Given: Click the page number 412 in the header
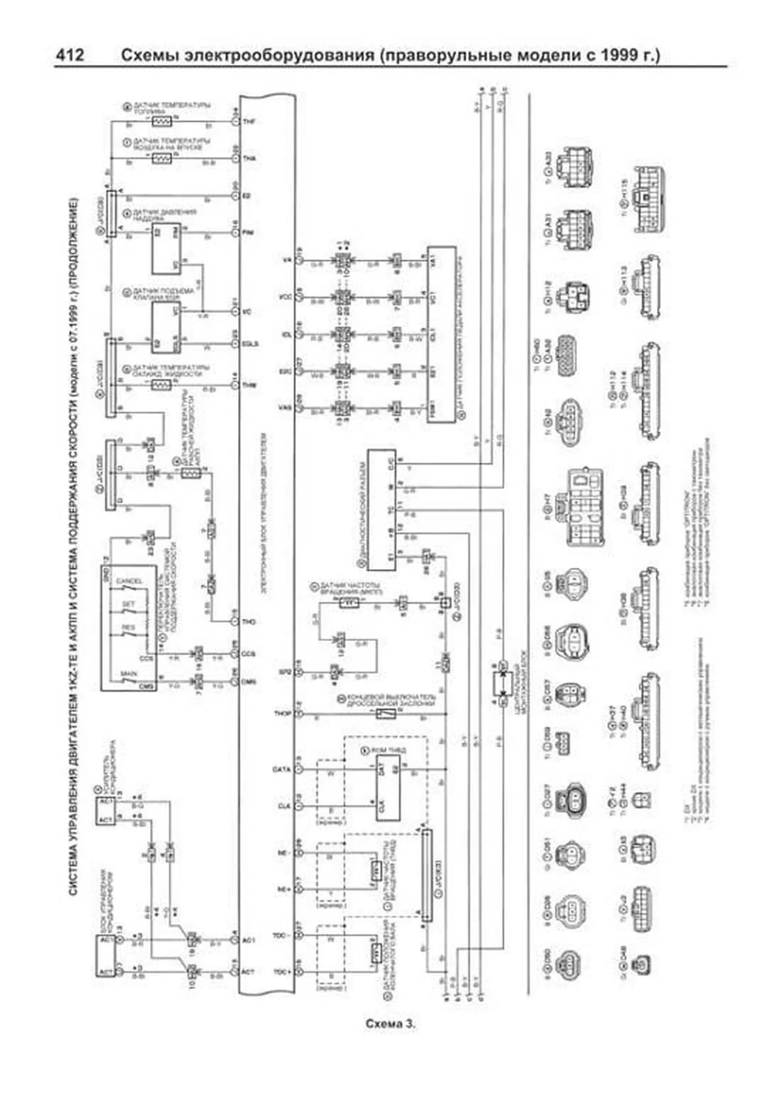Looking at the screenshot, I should [69, 56].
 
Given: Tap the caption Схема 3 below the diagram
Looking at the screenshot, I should [390, 1024].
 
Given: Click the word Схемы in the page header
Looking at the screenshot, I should [149, 56].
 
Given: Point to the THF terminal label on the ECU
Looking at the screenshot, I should [249, 122].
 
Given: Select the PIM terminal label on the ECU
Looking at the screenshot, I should [249, 232].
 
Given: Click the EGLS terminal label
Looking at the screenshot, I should [251, 343].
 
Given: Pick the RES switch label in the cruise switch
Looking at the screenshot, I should [129, 628].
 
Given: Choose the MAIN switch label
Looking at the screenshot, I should [129, 674].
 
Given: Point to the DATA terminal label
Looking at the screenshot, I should [282, 769].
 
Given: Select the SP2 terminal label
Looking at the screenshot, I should [284, 671].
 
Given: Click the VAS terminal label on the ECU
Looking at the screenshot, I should [284, 408].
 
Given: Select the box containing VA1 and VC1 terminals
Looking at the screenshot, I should [441, 335].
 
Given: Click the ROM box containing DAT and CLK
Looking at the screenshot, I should [386, 788].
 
